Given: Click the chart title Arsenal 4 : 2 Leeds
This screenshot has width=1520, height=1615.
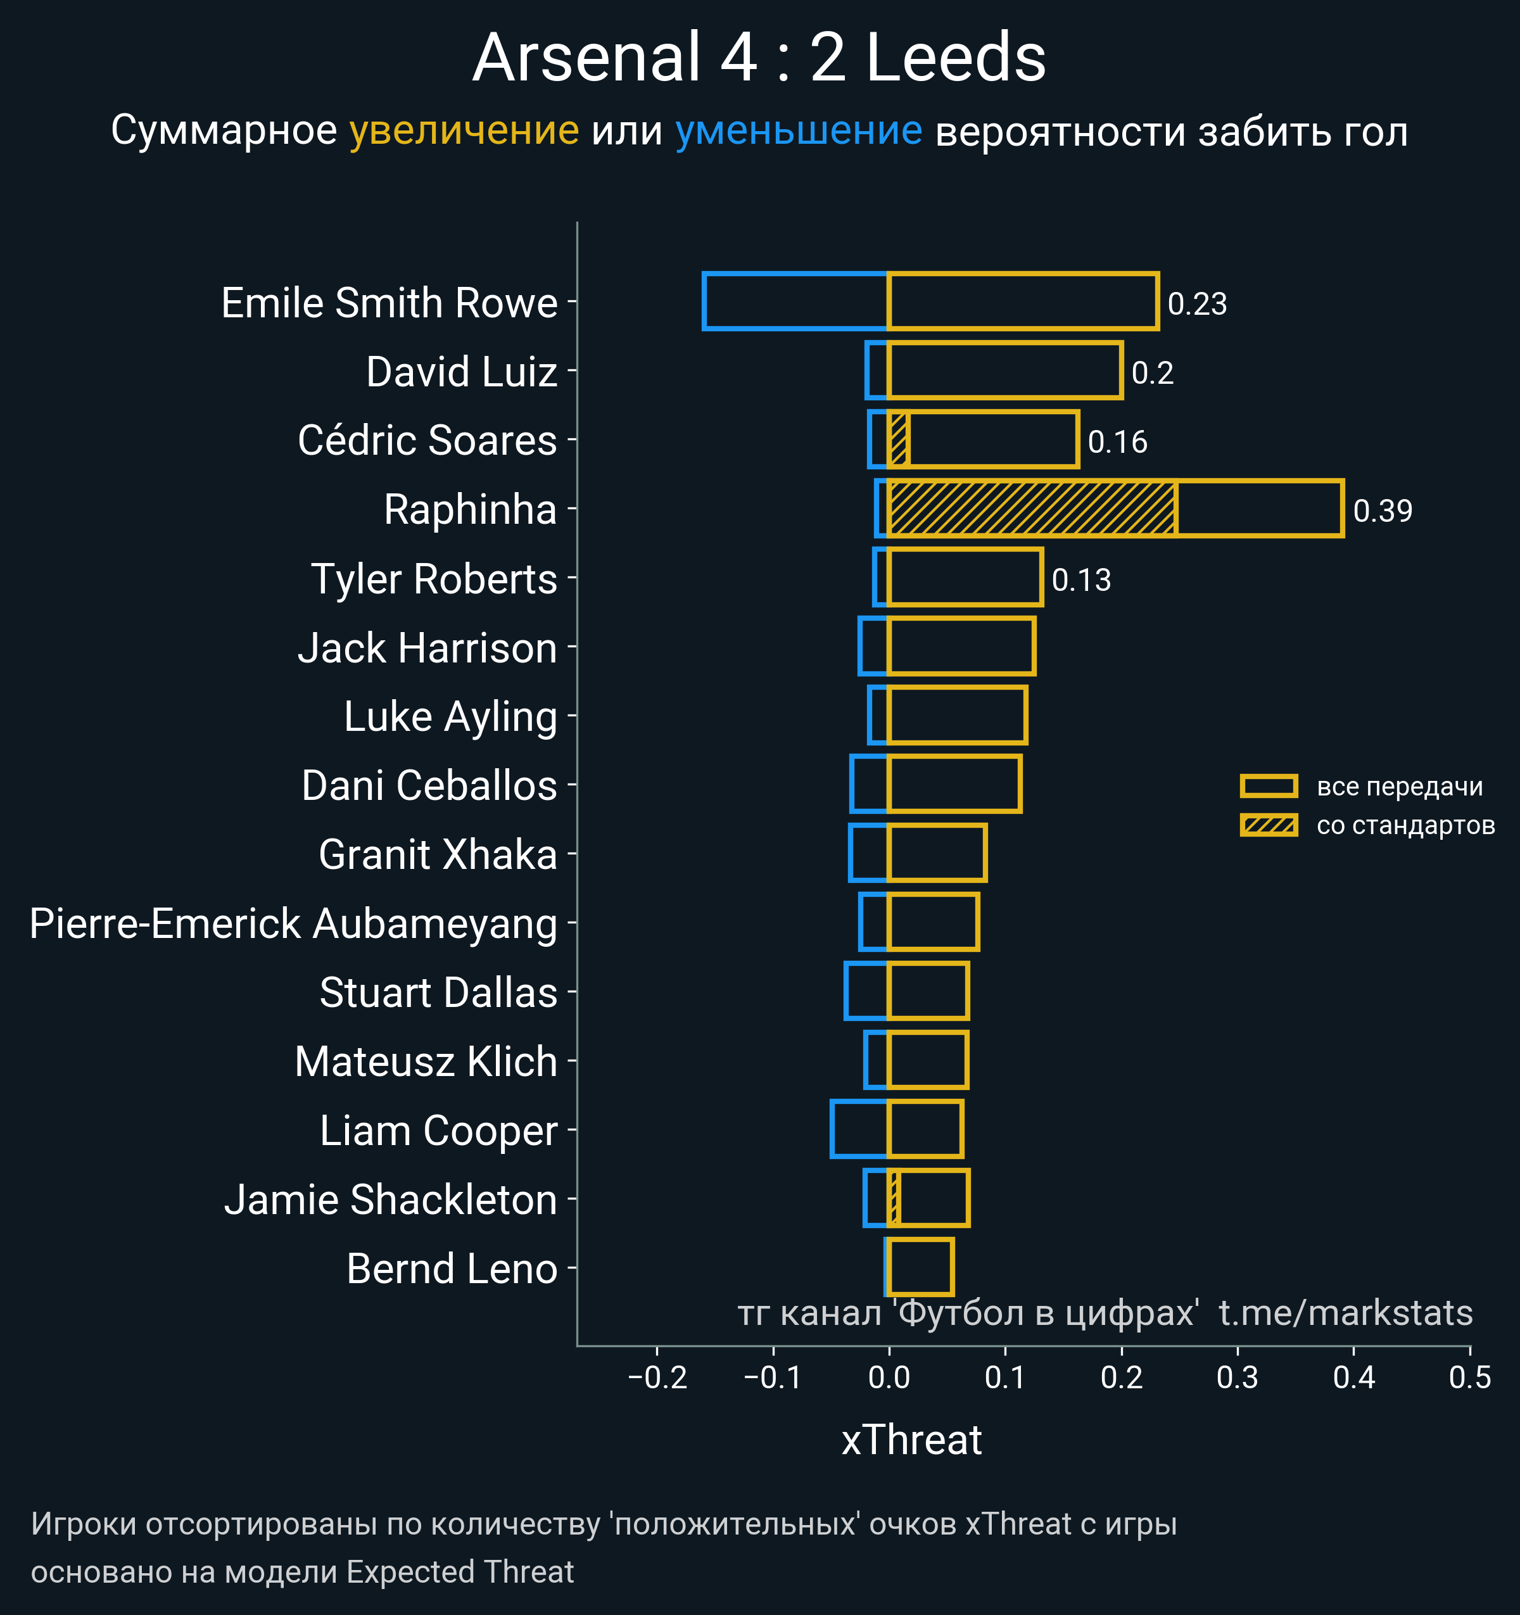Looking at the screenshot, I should click(x=759, y=58).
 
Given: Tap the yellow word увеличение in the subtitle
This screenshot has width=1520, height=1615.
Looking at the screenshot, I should click(x=464, y=131).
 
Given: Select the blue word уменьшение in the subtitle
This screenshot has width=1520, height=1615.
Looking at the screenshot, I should click(x=799, y=131).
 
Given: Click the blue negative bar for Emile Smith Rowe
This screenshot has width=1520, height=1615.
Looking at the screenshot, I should click(x=795, y=301).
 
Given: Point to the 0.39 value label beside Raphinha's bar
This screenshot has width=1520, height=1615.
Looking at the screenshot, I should click(x=1382, y=511).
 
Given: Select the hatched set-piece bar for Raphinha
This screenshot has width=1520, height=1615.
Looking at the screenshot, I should click(x=1032, y=509).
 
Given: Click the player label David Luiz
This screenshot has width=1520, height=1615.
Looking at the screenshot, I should click(x=462, y=372).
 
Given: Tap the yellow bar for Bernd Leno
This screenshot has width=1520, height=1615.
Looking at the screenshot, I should click(x=920, y=1267).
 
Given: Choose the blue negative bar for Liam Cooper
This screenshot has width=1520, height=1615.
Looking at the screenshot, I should click(x=859, y=1129).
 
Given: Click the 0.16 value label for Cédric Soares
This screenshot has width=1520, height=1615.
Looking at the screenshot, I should click(x=1117, y=442).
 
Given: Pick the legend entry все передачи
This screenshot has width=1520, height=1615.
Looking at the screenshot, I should click(x=1399, y=787).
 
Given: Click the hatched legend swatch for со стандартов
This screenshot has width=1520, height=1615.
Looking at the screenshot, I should click(x=1268, y=825).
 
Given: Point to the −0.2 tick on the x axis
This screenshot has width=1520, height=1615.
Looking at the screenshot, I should click(x=657, y=1377).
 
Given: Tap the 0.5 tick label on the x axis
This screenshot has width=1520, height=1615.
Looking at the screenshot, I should click(x=1469, y=1377).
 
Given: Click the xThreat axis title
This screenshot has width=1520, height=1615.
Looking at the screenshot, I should click(x=911, y=1440).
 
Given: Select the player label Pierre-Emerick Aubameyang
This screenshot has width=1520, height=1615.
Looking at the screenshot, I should click(x=293, y=923).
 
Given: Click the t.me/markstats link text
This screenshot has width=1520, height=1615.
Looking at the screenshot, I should click(x=1345, y=1313).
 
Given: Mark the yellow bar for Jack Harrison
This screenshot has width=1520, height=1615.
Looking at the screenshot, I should click(x=961, y=647).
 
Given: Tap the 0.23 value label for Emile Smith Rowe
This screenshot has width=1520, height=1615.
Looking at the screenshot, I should click(x=1196, y=304).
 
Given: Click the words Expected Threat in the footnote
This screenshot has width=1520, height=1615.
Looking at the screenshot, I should click(x=460, y=1572).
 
